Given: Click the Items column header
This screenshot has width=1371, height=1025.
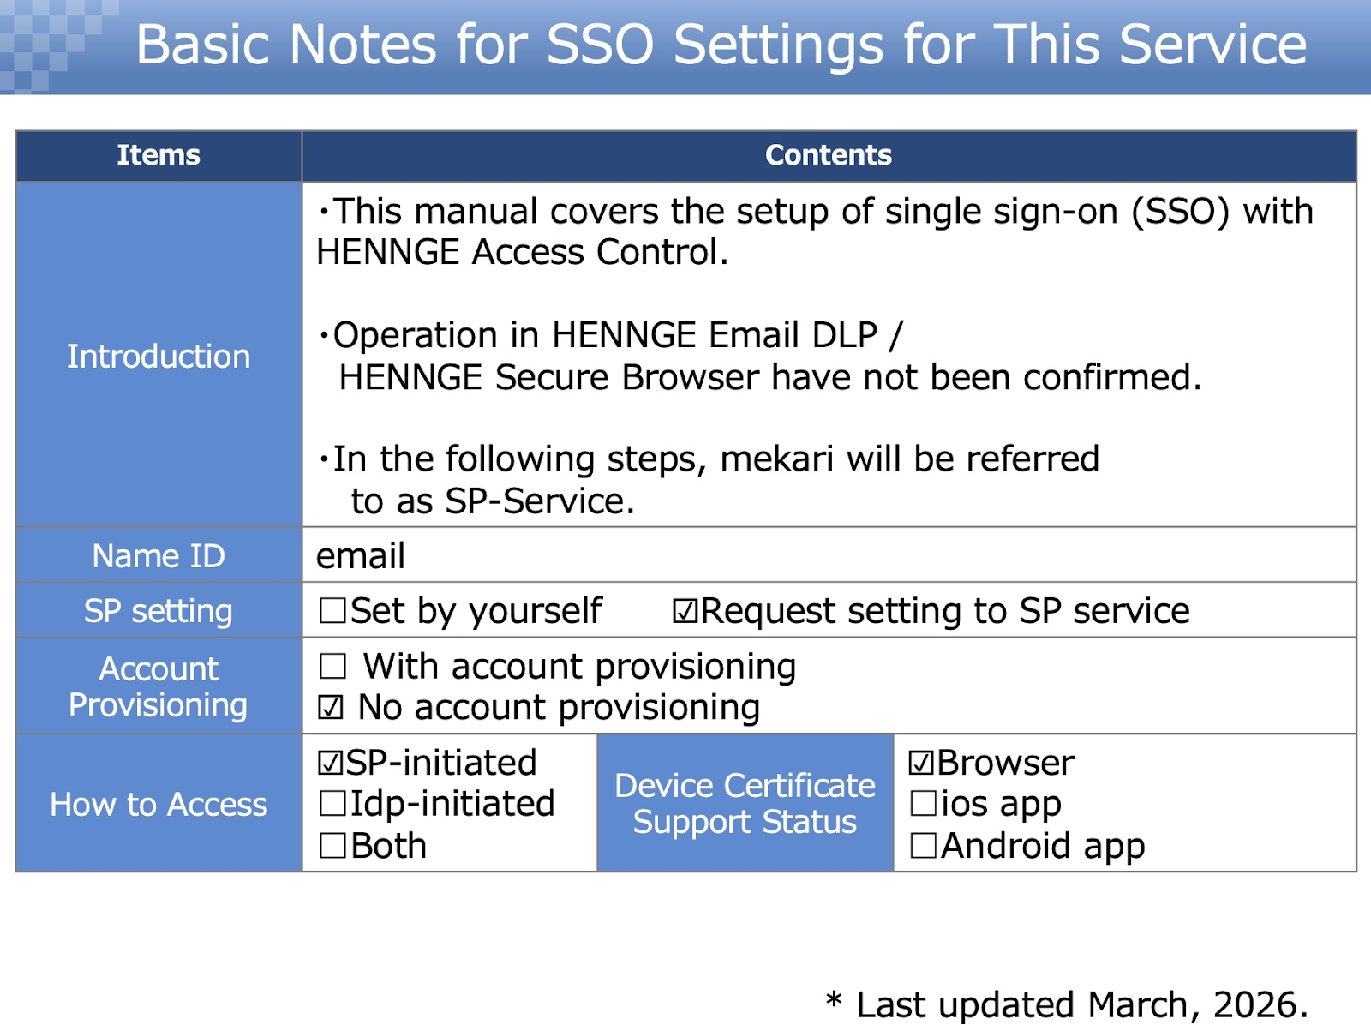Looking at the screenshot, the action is point(158,155).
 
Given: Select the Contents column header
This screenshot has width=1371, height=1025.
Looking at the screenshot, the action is point(829,155).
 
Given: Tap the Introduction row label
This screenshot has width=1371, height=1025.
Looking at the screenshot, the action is point(158,356).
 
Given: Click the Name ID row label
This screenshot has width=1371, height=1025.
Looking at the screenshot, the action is point(158,555).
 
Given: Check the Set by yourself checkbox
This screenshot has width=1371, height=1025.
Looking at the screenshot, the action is point(332,610).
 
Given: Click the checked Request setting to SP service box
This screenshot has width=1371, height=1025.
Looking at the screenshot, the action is point(685,610).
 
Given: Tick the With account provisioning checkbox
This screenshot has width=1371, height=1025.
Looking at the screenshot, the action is point(332,666).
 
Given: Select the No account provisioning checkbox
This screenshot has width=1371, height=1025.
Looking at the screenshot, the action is point(331,707).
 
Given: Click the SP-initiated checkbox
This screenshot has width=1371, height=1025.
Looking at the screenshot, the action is point(331,763).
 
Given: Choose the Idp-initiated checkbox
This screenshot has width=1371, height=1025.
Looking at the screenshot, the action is point(332,803).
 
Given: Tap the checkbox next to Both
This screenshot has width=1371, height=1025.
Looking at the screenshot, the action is point(332,846).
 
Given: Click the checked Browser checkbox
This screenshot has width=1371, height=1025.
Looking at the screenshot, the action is point(921,763).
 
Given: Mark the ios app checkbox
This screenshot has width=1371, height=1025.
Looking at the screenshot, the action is point(923,803).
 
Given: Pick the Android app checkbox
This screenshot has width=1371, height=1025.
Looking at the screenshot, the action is point(923,846).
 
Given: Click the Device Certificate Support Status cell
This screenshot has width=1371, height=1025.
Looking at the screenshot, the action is point(745,803).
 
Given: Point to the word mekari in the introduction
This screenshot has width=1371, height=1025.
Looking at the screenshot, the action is point(776,459).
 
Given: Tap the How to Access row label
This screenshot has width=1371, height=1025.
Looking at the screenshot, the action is point(158,804).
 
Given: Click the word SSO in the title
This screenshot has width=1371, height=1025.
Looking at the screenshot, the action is point(601,45).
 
